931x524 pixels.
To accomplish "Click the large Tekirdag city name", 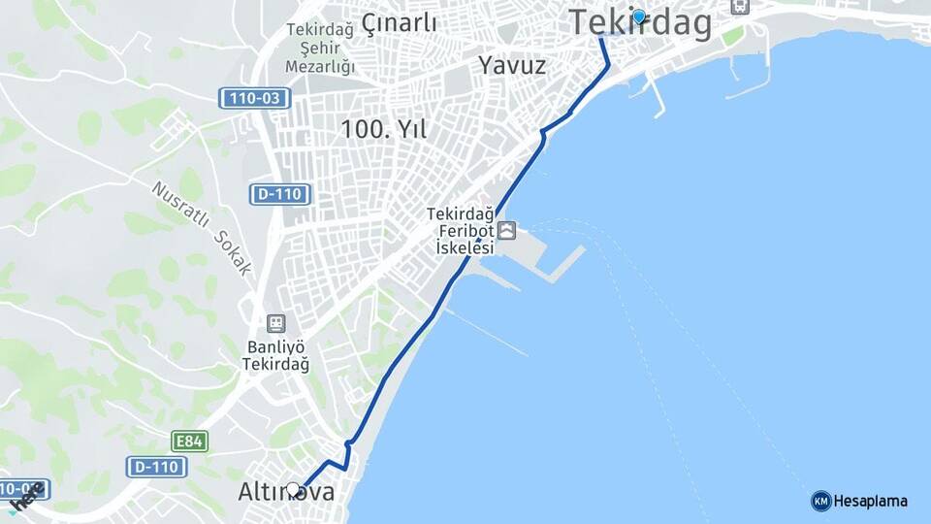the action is (640, 23).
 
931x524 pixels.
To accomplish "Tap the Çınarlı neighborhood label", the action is (400, 23).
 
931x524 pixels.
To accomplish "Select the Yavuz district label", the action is (512, 66).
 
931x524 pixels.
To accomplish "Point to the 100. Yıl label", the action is (384, 128).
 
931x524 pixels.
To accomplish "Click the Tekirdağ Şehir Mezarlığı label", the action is (320, 48).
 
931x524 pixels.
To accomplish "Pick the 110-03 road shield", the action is (254, 98).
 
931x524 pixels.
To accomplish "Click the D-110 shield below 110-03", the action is (280, 194).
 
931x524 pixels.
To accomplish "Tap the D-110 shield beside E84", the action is (156, 467).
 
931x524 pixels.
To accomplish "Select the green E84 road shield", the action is (189, 442).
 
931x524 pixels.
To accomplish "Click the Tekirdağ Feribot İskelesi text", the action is (461, 231).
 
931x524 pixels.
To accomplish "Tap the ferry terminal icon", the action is (507, 231).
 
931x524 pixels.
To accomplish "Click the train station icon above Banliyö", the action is (276, 323).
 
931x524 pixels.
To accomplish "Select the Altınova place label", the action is (287, 493).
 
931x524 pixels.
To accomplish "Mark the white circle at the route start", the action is (293, 489).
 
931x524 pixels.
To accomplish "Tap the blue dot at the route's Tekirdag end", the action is (638, 16).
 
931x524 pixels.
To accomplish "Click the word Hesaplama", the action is (870, 501).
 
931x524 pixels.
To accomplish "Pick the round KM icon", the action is (820, 501).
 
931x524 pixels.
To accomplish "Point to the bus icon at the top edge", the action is (741, 6).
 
